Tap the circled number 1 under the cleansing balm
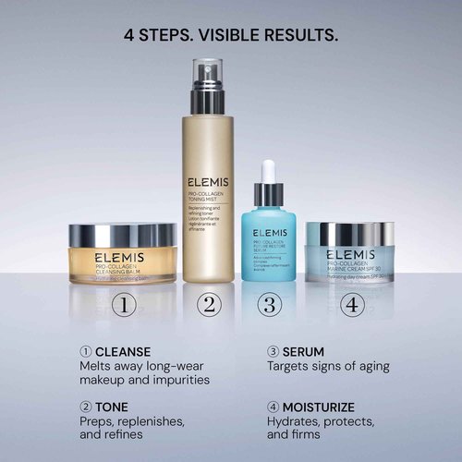click(x=124, y=304)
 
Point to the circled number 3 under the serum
click(x=269, y=304)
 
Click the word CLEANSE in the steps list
click(x=123, y=351)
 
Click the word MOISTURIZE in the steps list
click(x=322, y=407)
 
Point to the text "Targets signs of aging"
click(x=328, y=367)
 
